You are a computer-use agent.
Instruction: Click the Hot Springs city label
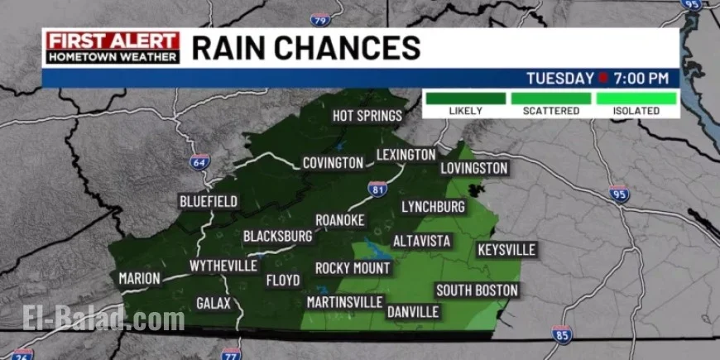[367, 116]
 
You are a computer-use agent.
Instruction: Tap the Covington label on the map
[333, 162]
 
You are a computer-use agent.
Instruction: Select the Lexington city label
[406, 155]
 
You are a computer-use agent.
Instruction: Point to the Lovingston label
[474, 168]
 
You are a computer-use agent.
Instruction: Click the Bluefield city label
[209, 201]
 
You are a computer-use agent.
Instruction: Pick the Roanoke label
[340, 220]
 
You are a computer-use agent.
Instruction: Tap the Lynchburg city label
[433, 206]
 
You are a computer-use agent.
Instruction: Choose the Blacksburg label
[278, 237]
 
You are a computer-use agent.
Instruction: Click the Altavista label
[421, 241]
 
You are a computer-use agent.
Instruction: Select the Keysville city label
[507, 250]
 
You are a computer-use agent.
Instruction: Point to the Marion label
[139, 279]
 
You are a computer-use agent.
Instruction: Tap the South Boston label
[477, 290]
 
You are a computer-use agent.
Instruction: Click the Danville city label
[413, 312]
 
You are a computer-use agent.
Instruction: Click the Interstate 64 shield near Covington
[199, 161]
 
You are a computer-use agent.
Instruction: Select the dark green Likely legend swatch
[465, 98]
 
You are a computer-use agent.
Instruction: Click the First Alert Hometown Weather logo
[113, 48]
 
